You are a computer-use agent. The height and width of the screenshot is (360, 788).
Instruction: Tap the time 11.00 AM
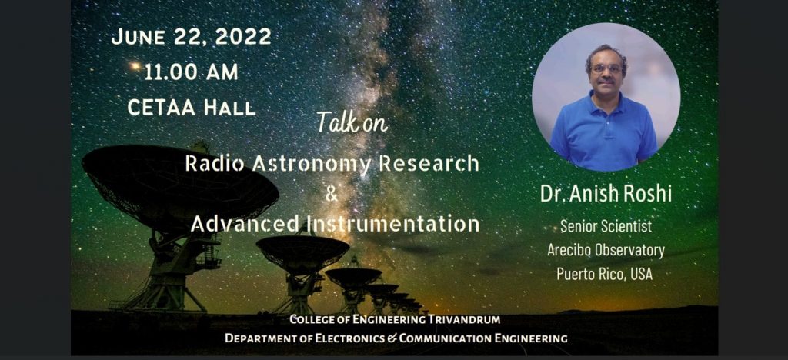[191, 72]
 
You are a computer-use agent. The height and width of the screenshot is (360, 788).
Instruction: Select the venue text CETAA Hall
[192, 107]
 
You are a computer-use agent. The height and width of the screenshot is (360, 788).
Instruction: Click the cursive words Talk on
[352, 122]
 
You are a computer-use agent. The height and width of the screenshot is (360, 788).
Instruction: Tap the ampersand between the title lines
[331, 194]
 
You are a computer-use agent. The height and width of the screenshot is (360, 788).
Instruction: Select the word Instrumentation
[394, 223]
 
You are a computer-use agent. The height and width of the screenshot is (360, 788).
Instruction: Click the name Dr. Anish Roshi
[606, 195]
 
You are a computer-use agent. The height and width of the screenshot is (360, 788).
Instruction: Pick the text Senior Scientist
[606, 226]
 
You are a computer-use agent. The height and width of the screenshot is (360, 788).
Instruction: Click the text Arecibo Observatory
[606, 249]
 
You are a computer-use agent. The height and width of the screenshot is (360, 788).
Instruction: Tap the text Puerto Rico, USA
[605, 274]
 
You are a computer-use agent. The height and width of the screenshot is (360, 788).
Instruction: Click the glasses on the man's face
[607, 68]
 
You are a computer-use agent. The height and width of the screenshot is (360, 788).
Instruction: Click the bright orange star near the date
[135, 66]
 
